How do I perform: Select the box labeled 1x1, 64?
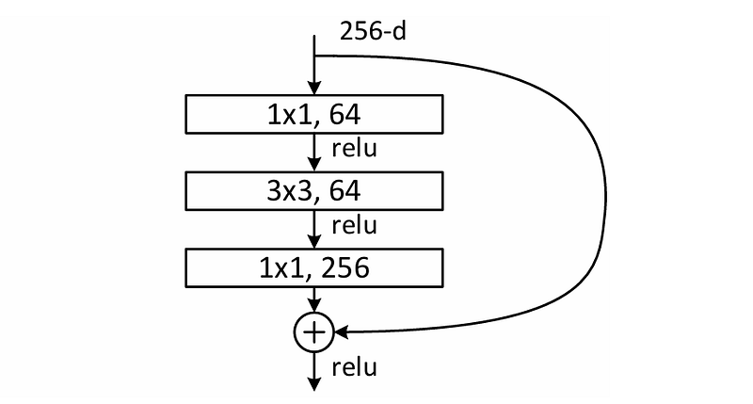click(x=314, y=115)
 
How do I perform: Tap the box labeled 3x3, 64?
click(x=314, y=192)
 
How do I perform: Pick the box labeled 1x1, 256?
click(x=314, y=268)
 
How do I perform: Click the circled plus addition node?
click(x=314, y=331)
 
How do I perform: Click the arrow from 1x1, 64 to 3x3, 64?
click(x=314, y=153)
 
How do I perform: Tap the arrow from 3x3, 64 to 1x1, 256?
click(x=314, y=230)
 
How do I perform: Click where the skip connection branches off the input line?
click(x=314, y=55)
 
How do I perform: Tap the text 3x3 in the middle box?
click(x=286, y=192)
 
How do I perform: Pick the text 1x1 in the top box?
click(x=286, y=115)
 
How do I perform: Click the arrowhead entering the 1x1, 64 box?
click(x=314, y=89)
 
